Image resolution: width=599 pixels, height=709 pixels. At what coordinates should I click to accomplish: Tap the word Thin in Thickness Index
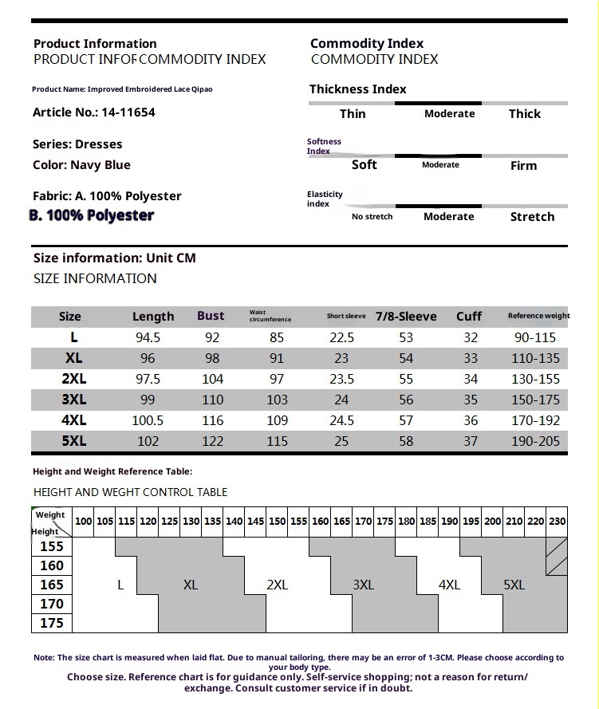pyautogui.click(x=353, y=114)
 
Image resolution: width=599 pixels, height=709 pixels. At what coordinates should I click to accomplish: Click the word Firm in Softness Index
pyautogui.click(x=523, y=166)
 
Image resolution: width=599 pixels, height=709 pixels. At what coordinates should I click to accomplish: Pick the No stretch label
pyautogui.click(x=372, y=217)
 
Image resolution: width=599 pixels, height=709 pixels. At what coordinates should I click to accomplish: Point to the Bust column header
pyautogui.click(x=211, y=316)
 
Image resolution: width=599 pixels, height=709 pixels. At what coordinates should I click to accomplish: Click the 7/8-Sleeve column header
pyautogui.click(x=406, y=317)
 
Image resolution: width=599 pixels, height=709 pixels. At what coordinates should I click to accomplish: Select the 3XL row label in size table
pyautogui.click(x=73, y=400)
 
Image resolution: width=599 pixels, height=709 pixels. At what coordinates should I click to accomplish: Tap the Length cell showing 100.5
pyautogui.click(x=148, y=420)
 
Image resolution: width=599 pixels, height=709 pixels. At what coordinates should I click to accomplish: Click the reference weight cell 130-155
pyautogui.click(x=535, y=379)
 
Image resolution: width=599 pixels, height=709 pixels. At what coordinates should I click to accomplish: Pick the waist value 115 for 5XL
pyautogui.click(x=277, y=441)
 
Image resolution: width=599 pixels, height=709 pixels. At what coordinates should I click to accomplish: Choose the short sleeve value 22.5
pyautogui.click(x=341, y=337)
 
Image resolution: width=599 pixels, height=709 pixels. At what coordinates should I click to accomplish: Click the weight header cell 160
pyautogui.click(x=321, y=521)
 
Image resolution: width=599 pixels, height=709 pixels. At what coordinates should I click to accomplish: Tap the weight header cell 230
pyautogui.click(x=557, y=521)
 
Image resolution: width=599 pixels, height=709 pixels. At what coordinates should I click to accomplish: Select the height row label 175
pyautogui.click(x=52, y=623)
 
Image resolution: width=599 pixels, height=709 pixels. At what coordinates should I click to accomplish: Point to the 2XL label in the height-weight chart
pyautogui.click(x=277, y=585)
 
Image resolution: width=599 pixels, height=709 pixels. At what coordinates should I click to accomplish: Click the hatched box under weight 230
pyautogui.click(x=557, y=556)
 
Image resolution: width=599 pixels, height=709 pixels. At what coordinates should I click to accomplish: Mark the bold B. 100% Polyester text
pyautogui.click(x=92, y=215)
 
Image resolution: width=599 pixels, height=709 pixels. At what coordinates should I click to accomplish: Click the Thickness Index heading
pyautogui.click(x=357, y=89)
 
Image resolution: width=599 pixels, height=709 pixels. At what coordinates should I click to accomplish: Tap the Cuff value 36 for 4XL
pyautogui.click(x=471, y=420)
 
